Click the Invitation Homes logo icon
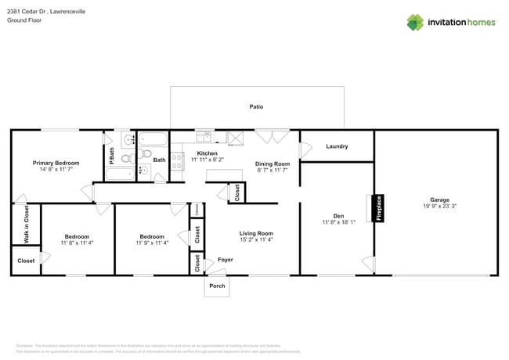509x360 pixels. (414, 23)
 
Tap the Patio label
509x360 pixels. (256, 106)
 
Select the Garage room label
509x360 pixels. (439, 199)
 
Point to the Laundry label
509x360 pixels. (337, 146)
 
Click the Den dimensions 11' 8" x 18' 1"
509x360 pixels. (339, 222)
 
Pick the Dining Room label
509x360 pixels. (273, 164)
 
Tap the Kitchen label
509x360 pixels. (207, 153)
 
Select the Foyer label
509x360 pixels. (226, 259)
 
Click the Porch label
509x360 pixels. (217, 286)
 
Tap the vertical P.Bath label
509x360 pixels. (112, 156)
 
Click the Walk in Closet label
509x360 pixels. (26, 224)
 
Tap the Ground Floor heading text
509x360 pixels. (24, 20)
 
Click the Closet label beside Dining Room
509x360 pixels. (236, 193)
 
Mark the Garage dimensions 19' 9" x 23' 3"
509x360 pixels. (439, 206)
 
